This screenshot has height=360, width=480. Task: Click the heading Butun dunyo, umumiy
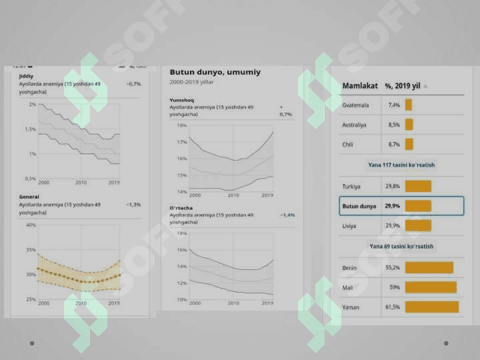pyautogui.click(x=215, y=72)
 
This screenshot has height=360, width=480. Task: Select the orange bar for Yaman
pyautogui.click(x=431, y=307)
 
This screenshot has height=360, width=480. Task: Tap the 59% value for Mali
pyautogui.click(x=394, y=287)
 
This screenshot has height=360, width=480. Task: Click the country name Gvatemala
pyautogui.click(x=355, y=105)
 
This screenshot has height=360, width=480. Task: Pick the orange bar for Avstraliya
pyautogui.click(x=409, y=125)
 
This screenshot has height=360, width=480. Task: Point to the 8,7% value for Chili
pyautogui.click(x=393, y=144)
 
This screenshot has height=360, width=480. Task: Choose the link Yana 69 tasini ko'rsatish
pyautogui.click(x=401, y=247)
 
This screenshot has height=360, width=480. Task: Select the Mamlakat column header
pyautogui.click(x=360, y=86)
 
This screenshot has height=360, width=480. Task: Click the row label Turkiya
pyautogui.click(x=351, y=187)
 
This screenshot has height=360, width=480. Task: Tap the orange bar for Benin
pyautogui.click(x=429, y=267)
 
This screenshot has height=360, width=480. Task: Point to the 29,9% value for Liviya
pyautogui.click(x=393, y=226)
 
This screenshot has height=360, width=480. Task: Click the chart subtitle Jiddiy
pyautogui.click(x=27, y=76)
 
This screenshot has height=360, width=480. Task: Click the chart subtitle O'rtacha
pyautogui.click(x=181, y=208)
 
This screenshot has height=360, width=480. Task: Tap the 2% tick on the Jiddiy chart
pyautogui.click(x=32, y=105)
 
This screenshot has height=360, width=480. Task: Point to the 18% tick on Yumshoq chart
pyautogui.click(x=181, y=125)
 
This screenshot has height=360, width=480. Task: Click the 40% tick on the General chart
pyautogui.click(x=31, y=225)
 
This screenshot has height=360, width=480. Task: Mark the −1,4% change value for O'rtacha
pyautogui.click(x=287, y=215)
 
